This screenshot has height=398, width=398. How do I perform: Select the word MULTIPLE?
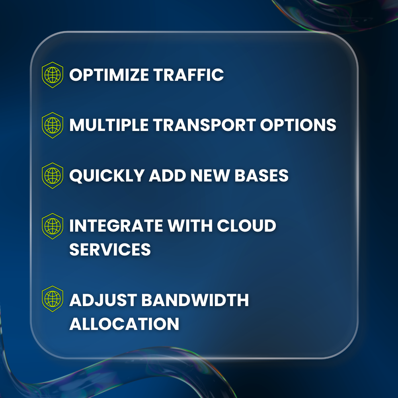click(x=107, y=125)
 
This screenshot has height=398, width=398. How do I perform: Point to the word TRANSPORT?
click(x=203, y=125)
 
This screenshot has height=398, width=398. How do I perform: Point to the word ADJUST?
click(x=103, y=300)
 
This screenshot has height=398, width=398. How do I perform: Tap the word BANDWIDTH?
click(x=195, y=300)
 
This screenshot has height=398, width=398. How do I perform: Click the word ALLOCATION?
click(x=124, y=324)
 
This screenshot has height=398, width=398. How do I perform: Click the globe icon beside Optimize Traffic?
click(x=53, y=75)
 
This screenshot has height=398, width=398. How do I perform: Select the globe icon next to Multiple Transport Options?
click(x=53, y=125)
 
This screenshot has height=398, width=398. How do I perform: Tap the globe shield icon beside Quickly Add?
click(x=53, y=176)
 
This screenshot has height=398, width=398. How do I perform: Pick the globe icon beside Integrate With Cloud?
click(x=53, y=226)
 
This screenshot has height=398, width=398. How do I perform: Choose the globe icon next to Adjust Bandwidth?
click(x=53, y=298)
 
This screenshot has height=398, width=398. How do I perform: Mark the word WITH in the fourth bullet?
click(x=189, y=226)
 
